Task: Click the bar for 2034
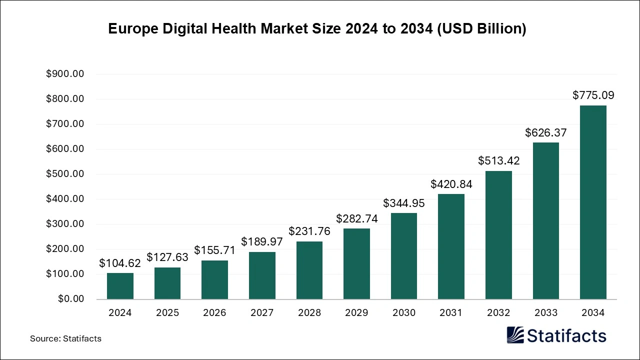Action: coord(593,202)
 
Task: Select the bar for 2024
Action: coord(120,286)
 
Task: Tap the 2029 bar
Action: coord(356,264)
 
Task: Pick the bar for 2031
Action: coord(451,246)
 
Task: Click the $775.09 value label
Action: coord(593,95)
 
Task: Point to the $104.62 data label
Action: coord(120,263)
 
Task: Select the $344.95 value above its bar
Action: coord(404,203)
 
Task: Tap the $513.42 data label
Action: coord(498,160)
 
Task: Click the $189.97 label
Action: coord(262,241)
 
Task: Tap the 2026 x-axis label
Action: coord(214,313)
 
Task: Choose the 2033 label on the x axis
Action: coord(545,313)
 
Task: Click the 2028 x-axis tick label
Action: coord(309,313)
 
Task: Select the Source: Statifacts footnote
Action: coord(65,338)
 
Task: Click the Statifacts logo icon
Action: coord(515,335)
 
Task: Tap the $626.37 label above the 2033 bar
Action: coord(545,132)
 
